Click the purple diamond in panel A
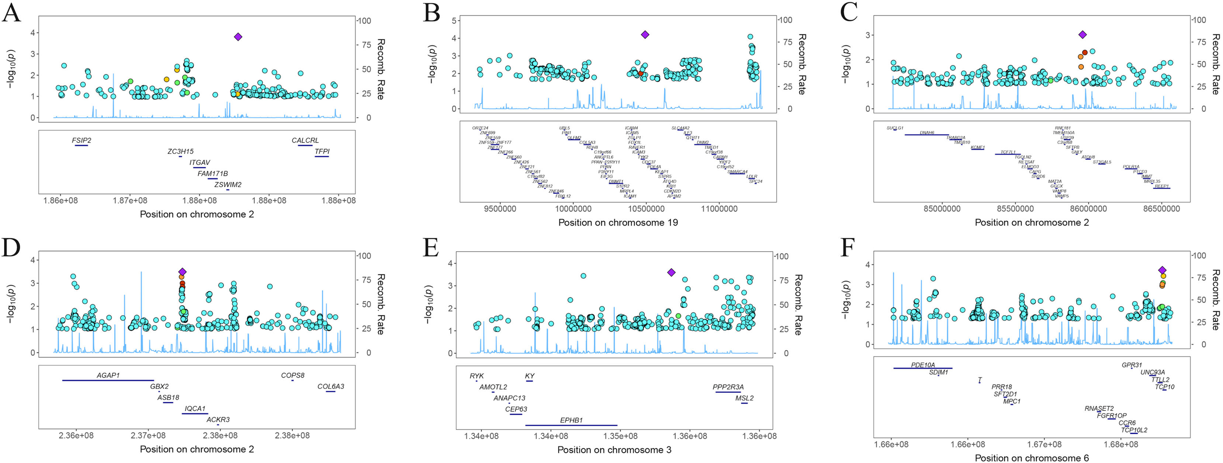tap(238, 37)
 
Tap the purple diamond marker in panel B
tap(645, 35)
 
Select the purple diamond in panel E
tap(671, 272)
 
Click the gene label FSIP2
tap(81, 140)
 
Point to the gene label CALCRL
tap(305, 140)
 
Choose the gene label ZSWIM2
tap(228, 185)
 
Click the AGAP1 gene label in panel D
tap(108, 375)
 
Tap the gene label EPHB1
tap(571, 420)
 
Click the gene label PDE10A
tap(923, 365)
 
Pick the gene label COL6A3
tap(331, 387)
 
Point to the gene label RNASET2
tap(1099, 408)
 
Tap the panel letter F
tap(848, 248)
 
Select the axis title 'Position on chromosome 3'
tap(614, 449)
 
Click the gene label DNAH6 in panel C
tap(927, 133)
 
